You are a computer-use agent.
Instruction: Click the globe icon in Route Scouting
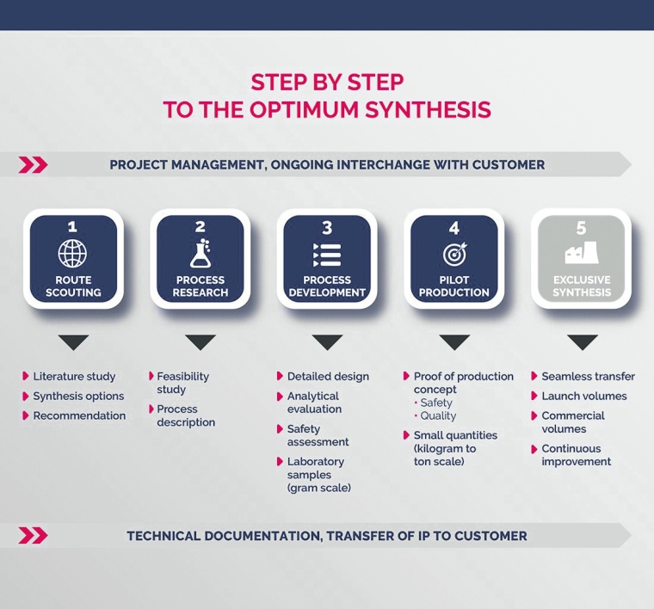pyautogui.click(x=73, y=255)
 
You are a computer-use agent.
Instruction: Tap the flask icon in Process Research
pyautogui.click(x=200, y=255)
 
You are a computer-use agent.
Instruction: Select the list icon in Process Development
pyautogui.click(x=327, y=255)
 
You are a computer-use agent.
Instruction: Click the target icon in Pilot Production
pyautogui.click(x=453, y=255)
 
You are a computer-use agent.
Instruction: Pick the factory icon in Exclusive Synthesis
pyautogui.click(x=582, y=255)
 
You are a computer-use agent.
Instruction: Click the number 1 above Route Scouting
pyautogui.click(x=73, y=227)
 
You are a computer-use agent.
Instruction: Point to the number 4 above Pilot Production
pyautogui.click(x=453, y=227)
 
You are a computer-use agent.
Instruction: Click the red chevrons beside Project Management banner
pyautogui.click(x=33, y=165)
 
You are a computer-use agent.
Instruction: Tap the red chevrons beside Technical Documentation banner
pyautogui.click(x=33, y=536)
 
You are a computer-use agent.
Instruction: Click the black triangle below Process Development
pyautogui.click(x=327, y=342)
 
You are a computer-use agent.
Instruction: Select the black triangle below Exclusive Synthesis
pyautogui.click(x=582, y=342)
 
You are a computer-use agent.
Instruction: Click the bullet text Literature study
pyautogui.click(x=74, y=377)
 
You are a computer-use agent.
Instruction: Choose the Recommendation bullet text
pyautogui.click(x=79, y=416)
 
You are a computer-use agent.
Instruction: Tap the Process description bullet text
pyautogui.click(x=186, y=415)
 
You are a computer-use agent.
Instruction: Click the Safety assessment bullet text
pyautogui.click(x=318, y=435)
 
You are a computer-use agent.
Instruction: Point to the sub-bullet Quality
pyautogui.click(x=438, y=416)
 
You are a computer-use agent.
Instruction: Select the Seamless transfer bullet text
pyautogui.click(x=588, y=377)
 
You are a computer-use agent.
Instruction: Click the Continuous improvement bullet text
pyautogui.click(x=576, y=455)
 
